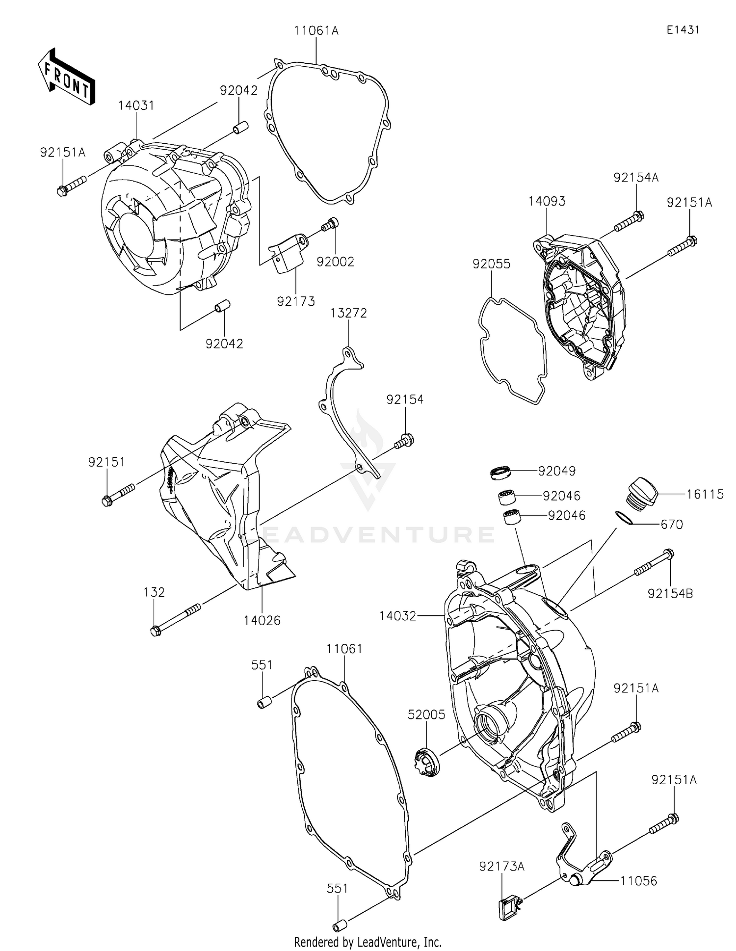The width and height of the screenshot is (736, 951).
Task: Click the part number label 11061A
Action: click(316, 31)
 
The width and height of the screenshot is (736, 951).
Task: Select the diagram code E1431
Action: click(683, 30)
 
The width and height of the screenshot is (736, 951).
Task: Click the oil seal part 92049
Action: click(501, 473)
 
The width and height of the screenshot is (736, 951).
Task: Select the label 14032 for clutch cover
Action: click(397, 615)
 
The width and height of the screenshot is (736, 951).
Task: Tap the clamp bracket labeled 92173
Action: click(287, 255)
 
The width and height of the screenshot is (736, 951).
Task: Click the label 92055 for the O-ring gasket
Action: click(491, 264)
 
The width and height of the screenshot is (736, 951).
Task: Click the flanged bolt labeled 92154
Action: click(404, 441)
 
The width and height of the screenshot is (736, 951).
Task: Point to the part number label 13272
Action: click(348, 313)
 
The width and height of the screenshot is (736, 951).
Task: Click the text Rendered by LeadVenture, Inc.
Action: click(368, 942)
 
